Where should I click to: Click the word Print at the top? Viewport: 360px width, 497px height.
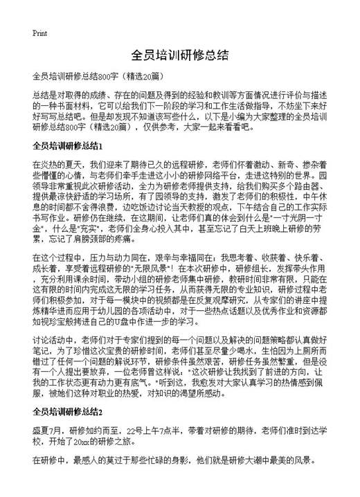point(39,33)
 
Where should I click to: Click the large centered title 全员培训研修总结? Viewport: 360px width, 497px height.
point(179,55)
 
